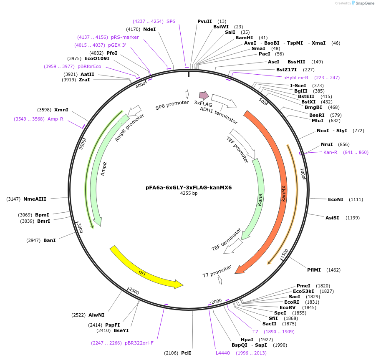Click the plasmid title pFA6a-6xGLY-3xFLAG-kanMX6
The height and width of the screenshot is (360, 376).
click(189, 187)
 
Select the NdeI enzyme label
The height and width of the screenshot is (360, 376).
click(149, 29)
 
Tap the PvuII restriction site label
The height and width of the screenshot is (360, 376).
click(204, 21)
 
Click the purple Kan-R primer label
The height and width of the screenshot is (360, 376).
click(330, 152)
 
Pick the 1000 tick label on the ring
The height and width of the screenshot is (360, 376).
click(303, 172)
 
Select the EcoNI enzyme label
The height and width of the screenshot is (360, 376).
click(336, 199)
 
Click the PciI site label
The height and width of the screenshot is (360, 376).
click(186, 353)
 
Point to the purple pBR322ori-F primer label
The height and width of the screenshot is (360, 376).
click(139, 343)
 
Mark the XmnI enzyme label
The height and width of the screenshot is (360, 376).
click(61, 110)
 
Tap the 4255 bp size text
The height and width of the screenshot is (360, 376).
click(189, 194)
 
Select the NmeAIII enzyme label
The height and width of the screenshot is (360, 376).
click(35, 199)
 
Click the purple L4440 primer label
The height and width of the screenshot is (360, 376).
click(223, 353)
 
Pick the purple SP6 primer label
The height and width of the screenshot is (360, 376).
click(171, 21)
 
